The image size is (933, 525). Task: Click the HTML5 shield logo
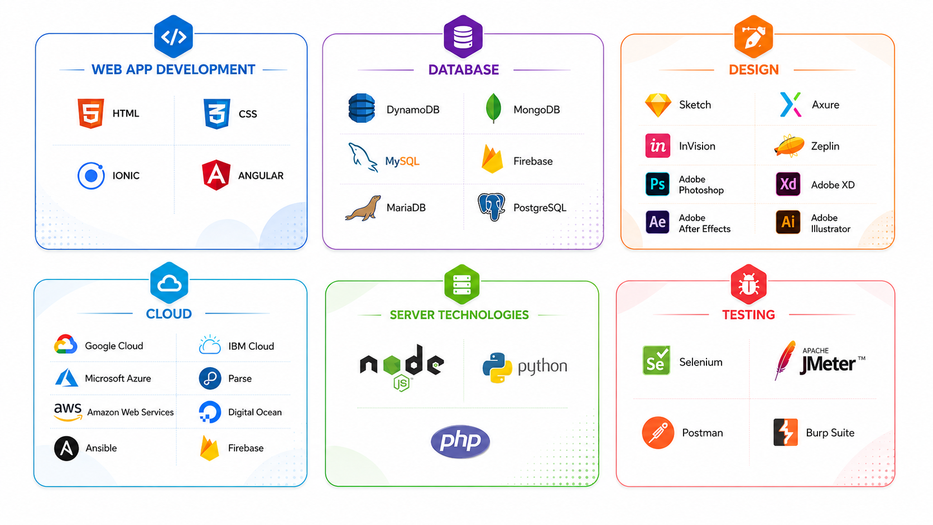pyautogui.click(x=91, y=113)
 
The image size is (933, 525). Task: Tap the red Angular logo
pyautogui.click(x=216, y=175)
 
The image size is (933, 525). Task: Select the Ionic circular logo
pyautogui.click(x=91, y=176)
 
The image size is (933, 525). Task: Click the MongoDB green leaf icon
pyautogui.click(x=494, y=108)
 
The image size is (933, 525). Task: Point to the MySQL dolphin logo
pyautogui.click(x=363, y=157)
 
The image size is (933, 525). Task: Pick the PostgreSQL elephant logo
pyautogui.click(x=492, y=207)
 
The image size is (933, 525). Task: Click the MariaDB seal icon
pyautogui.click(x=363, y=208)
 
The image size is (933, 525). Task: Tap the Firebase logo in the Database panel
pyautogui.click(x=492, y=159)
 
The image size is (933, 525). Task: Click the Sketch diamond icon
pyautogui.click(x=658, y=105)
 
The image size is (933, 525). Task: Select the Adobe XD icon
pyautogui.click(x=788, y=184)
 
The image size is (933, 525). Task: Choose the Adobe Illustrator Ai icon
pyautogui.click(x=788, y=222)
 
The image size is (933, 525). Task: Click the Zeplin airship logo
pyautogui.click(x=789, y=146)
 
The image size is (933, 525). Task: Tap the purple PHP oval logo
pyautogui.click(x=460, y=441)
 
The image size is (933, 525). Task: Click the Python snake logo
pyautogui.click(x=497, y=368)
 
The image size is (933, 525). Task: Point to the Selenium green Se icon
pyautogui.click(x=656, y=360)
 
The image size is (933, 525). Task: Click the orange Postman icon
pyautogui.click(x=658, y=432)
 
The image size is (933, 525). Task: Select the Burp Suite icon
pyautogui.click(x=786, y=432)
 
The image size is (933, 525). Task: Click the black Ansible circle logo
pyautogui.click(x=66, y=449)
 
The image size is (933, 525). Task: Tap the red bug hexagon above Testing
pyautogui.click(x=748, y=285)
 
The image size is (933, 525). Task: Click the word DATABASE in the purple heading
pyautogui.click(x=464, y=70)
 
